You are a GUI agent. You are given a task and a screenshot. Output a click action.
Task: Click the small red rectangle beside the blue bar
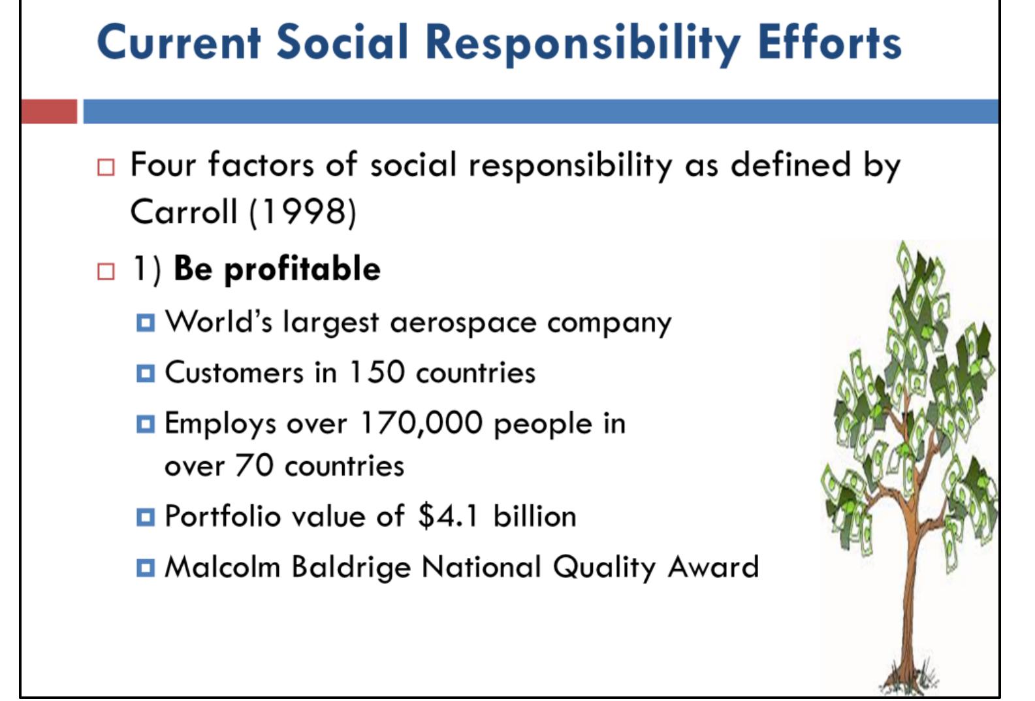(48, 111)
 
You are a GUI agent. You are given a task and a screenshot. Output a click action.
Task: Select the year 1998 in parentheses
(303, 212)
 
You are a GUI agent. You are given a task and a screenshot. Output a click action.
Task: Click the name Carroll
(183, 212)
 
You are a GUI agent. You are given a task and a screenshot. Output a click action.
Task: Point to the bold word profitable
(302, 269)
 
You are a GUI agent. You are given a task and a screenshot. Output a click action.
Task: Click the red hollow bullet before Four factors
(105, 167)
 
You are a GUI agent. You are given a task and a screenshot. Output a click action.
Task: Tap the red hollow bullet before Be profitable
(105, 271)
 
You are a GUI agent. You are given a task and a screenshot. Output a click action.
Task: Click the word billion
(535, 516)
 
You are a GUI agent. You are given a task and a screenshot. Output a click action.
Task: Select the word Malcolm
(222, 566)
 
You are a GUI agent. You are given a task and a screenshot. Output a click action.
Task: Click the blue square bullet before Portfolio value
(146, 517)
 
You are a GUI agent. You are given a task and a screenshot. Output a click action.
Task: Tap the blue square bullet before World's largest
(146, 323)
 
